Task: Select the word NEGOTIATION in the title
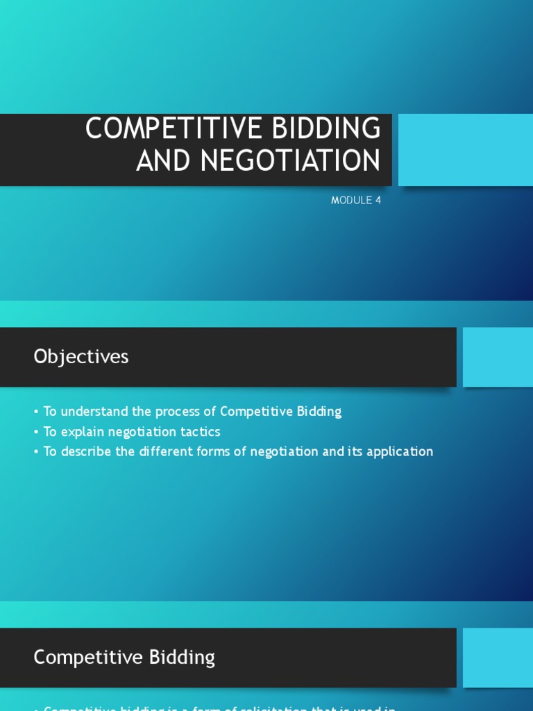[291, 160]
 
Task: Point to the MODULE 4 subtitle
[356, 201]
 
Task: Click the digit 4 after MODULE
[378, 201]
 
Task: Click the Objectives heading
[81, 357]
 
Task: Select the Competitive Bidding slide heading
[124, 658]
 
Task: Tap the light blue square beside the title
[465, 150]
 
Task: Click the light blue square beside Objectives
[498, 357]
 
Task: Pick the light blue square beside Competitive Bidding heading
[498, 658]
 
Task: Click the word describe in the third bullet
[85, 452]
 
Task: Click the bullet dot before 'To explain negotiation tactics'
[36, 433]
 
